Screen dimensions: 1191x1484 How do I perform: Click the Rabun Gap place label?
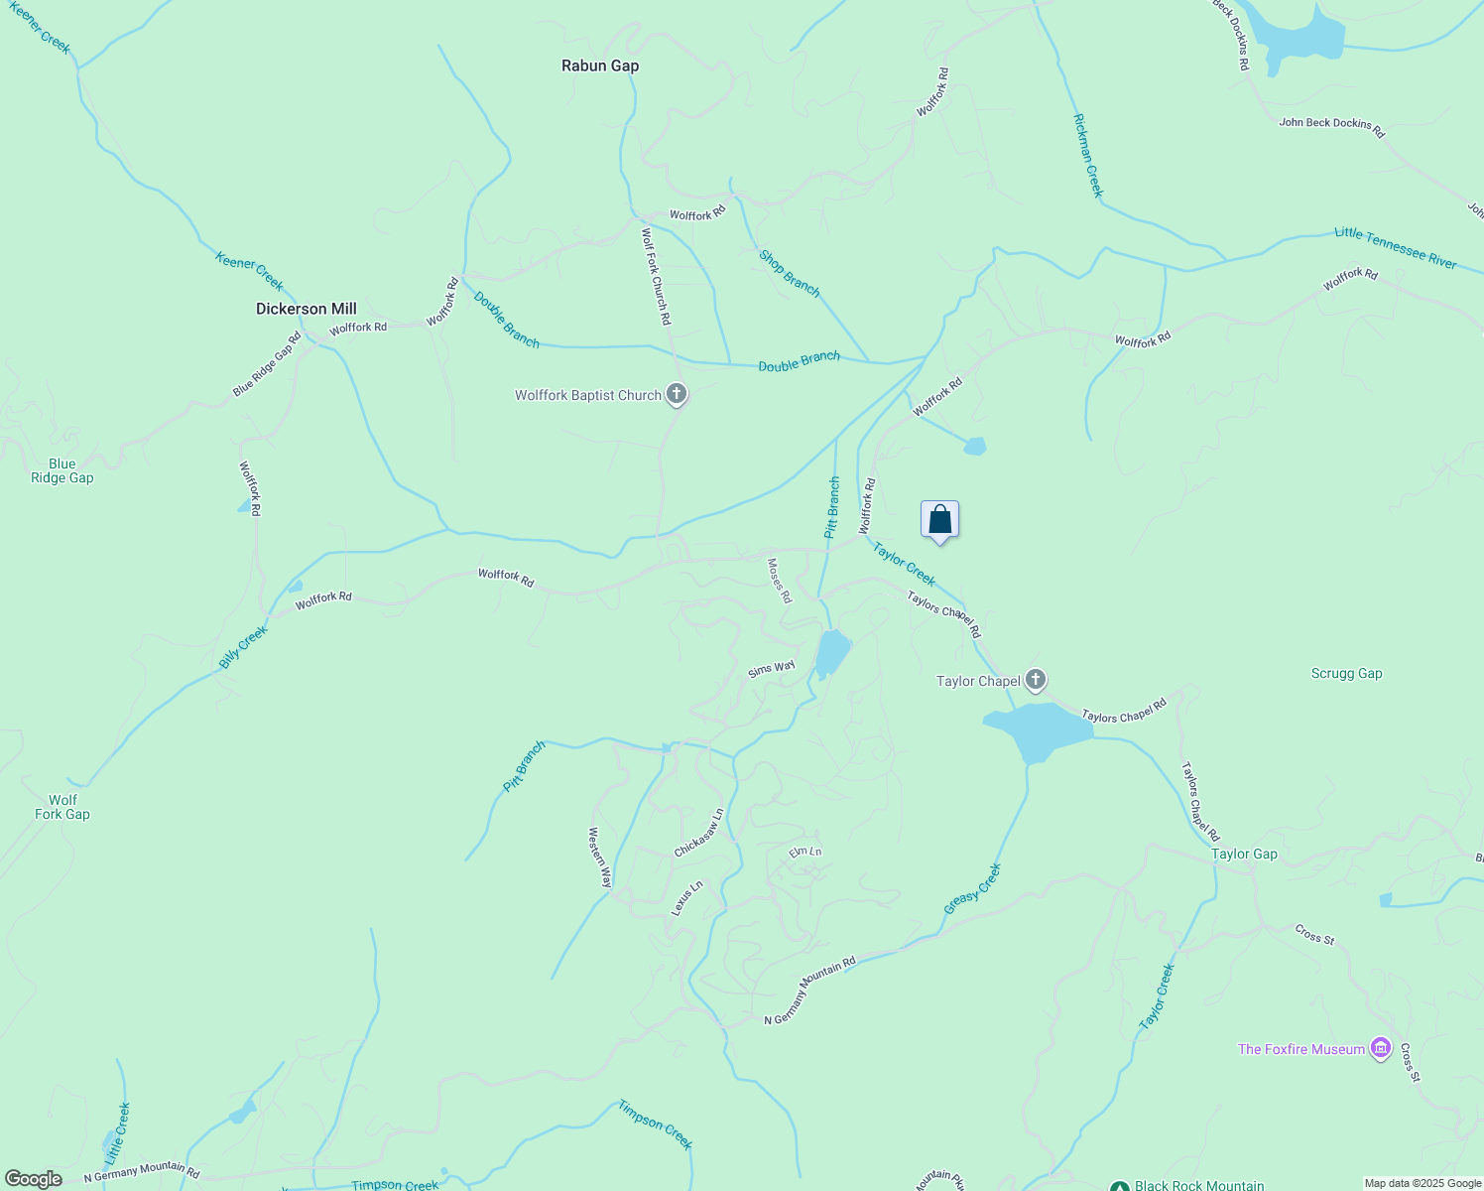[600, 66]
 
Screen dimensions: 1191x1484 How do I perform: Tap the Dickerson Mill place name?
[306, 309]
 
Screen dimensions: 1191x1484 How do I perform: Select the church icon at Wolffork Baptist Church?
[677, 395]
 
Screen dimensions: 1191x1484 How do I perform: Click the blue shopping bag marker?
[939, 519]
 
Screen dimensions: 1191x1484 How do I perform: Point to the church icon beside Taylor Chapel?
[1036, 680]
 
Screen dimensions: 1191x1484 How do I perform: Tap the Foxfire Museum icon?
[1380, 1049]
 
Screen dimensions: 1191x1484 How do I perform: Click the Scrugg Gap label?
[1346, 673]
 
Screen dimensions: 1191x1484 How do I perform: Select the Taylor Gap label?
[1244, 854]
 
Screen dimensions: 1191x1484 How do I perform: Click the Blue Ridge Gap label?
[62, 470]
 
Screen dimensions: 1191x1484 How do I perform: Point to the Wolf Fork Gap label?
[62, 807]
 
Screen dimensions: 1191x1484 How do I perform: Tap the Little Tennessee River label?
[1395, 247]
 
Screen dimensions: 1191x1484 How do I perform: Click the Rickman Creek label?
[1088, 155]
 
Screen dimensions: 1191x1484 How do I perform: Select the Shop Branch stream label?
[790, 273]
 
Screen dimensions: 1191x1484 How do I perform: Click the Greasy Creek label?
[972, 888]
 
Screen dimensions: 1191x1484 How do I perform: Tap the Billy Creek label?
[243, 647]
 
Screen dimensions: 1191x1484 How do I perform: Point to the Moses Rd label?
[780, 581]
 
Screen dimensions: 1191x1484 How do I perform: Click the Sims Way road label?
[771, 669]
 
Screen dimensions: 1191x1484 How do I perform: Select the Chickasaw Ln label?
[699, 833]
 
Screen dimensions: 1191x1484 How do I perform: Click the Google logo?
[34, 1179]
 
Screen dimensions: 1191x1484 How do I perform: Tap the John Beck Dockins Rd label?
[1331, 127]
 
